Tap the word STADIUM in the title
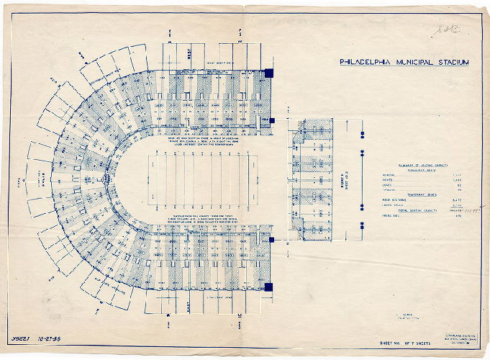click(452, 62)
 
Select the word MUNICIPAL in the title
click(413, 62)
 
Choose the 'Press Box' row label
click(389, 216)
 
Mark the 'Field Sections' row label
click(391, 201)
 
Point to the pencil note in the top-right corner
click(438, 30)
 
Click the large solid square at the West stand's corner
click(268, 73)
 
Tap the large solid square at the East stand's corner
click(268, 287)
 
